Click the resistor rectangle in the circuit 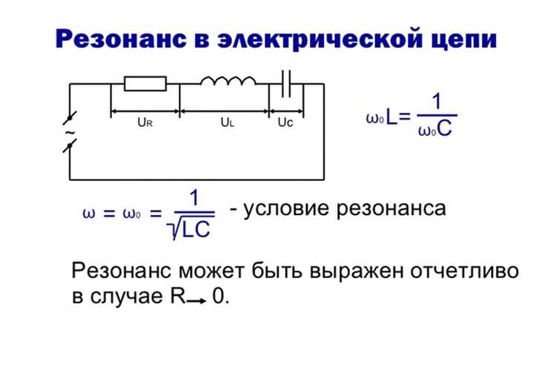tap(145, 83)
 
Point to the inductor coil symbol tap(228, 80)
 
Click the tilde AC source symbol tap(70, 133)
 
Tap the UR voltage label tap(145, 124)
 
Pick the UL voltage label tap(227, 124)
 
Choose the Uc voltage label tap(285, 124)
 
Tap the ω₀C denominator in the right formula tap(435, 132)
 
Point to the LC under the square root tap(196, 231)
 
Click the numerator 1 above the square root tap(193, 199)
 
